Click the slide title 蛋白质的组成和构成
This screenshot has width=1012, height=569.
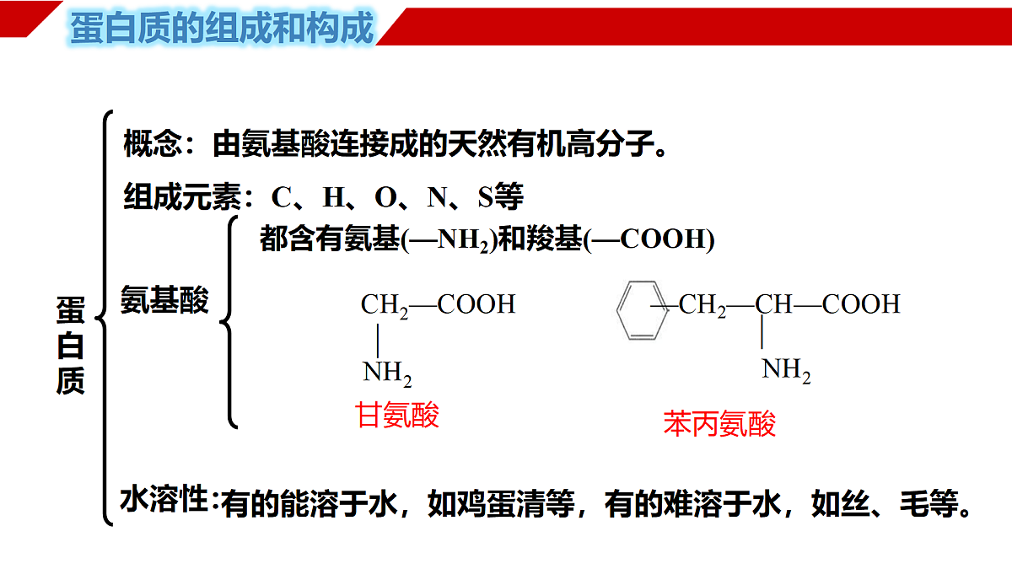pyautogui.click(x=222, y=28)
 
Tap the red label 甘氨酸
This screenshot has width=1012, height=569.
pyautogui.click(x=397, y=415)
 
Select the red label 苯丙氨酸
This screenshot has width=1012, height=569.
pyautogui.click(x=719, y=423)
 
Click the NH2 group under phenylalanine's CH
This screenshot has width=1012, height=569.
pyautogui.click(x=786, y=370)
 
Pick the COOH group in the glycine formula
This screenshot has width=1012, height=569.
pyautogui.click(x=476, y=304)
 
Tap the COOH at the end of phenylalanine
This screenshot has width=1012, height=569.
pyautogui.click(x=861, y=304)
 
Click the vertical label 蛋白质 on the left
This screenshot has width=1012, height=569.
pyautogui.click(x=71, y=346)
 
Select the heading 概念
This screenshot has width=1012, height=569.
pyautogui.click(x=153, y=143)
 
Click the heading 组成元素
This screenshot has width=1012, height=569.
pyautogui.click(x=182, y=196)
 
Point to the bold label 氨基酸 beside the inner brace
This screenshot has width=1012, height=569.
pyautogui.click(x=164, y=299)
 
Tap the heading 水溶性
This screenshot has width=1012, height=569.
pyautogui.click(x=164, y=499)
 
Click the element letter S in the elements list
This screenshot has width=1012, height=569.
pyautogui.click(x=485, y=197)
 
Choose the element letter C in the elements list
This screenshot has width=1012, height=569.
pyautogui.click(x=281, y=197)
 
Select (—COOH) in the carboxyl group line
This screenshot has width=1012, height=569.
pyautogui.click(x=649, y=239)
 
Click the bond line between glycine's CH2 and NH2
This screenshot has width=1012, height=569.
pyautogui.click(x=378, y=341)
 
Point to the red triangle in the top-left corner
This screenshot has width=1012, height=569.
pyautogui.click(x=30, y=18)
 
